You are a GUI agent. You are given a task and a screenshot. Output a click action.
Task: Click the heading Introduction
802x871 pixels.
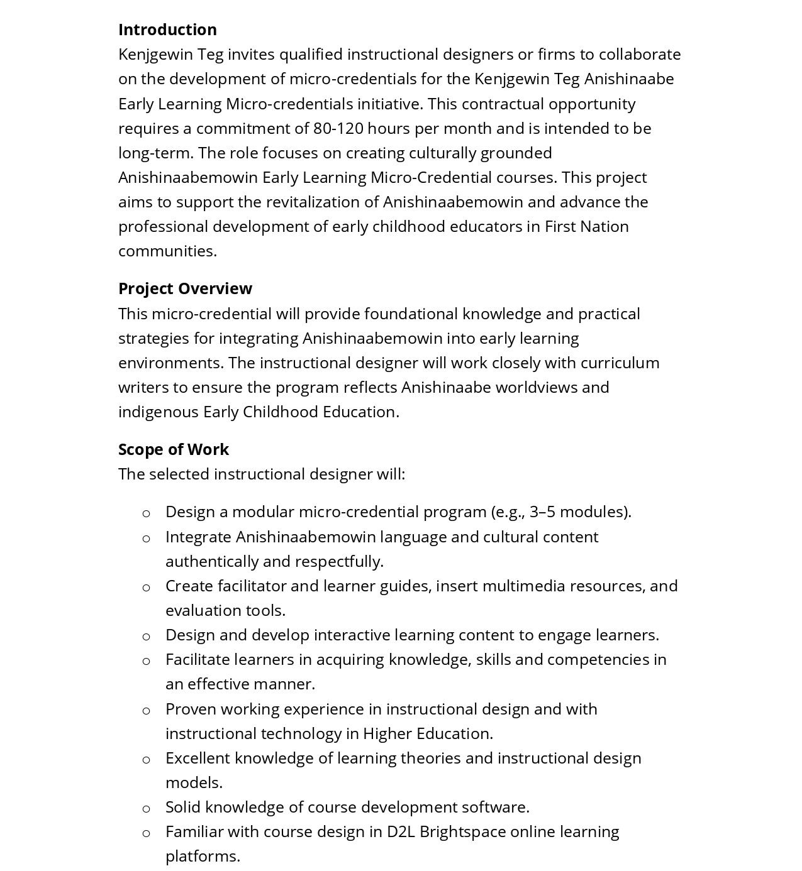(167, 30)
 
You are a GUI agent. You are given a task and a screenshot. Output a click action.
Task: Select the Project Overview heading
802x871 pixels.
(185, 288)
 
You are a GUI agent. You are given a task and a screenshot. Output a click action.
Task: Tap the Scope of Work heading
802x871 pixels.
(174, 449)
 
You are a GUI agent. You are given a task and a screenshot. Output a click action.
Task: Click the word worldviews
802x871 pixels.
(536, 387)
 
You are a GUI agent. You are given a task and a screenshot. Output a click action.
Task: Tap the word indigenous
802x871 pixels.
(158, 412)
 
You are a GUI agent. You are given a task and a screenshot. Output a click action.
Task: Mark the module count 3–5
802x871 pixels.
(542, 512)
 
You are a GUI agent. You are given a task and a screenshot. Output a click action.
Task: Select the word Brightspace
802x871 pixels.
(462, 831)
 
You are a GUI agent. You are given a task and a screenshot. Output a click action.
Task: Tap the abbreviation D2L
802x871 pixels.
(401, 831)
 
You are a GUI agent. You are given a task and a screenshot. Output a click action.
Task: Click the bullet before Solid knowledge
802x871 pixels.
(147, 809)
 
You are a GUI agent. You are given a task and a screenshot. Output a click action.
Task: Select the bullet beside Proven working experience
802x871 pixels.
(147, 711)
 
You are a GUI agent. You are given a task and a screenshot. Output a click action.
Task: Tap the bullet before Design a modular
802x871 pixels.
(147, 513)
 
